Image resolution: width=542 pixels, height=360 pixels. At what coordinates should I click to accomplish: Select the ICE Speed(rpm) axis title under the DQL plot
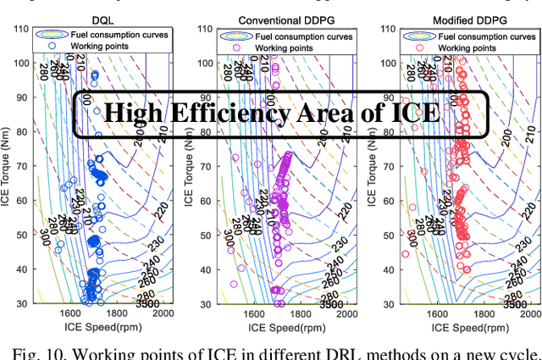(x=96, y=327)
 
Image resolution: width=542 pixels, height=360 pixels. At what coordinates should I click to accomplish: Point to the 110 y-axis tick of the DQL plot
(x=19, y=28)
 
